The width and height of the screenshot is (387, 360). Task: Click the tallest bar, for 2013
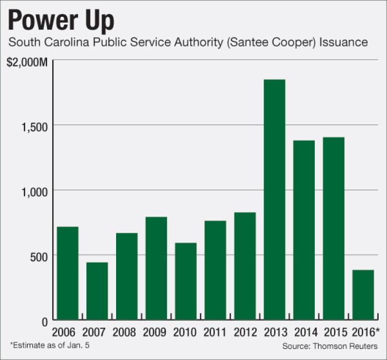coord(274,200)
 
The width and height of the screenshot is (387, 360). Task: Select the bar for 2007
coord(97,291)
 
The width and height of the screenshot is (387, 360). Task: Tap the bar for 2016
coord(363,295)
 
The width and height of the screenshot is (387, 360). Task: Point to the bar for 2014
coord(304,230)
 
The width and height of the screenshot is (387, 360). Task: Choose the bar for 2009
coord(156,268)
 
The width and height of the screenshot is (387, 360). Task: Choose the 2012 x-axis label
coord(245,332)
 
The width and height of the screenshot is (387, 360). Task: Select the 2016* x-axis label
coord(364,332)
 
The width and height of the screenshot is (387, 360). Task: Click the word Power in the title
coord(45,20)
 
